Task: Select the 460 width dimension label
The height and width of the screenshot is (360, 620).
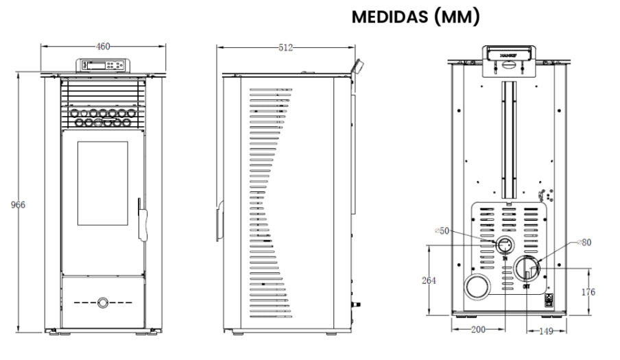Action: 103,47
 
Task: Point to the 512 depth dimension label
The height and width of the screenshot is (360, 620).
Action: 287,47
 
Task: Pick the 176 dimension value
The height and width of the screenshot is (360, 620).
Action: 588,291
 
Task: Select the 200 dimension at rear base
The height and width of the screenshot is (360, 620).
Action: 477,329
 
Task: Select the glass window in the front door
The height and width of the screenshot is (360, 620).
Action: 102,184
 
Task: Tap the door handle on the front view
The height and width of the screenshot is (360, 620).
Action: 142,219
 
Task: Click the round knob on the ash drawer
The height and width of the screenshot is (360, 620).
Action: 102,302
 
